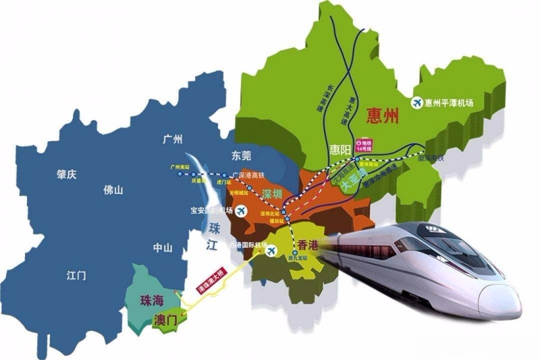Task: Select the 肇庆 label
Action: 66,174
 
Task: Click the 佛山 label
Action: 113,190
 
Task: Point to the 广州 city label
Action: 173,140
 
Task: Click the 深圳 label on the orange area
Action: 271,194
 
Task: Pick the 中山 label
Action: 163,247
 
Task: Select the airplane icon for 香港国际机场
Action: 272,251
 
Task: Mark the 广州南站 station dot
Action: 180,174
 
